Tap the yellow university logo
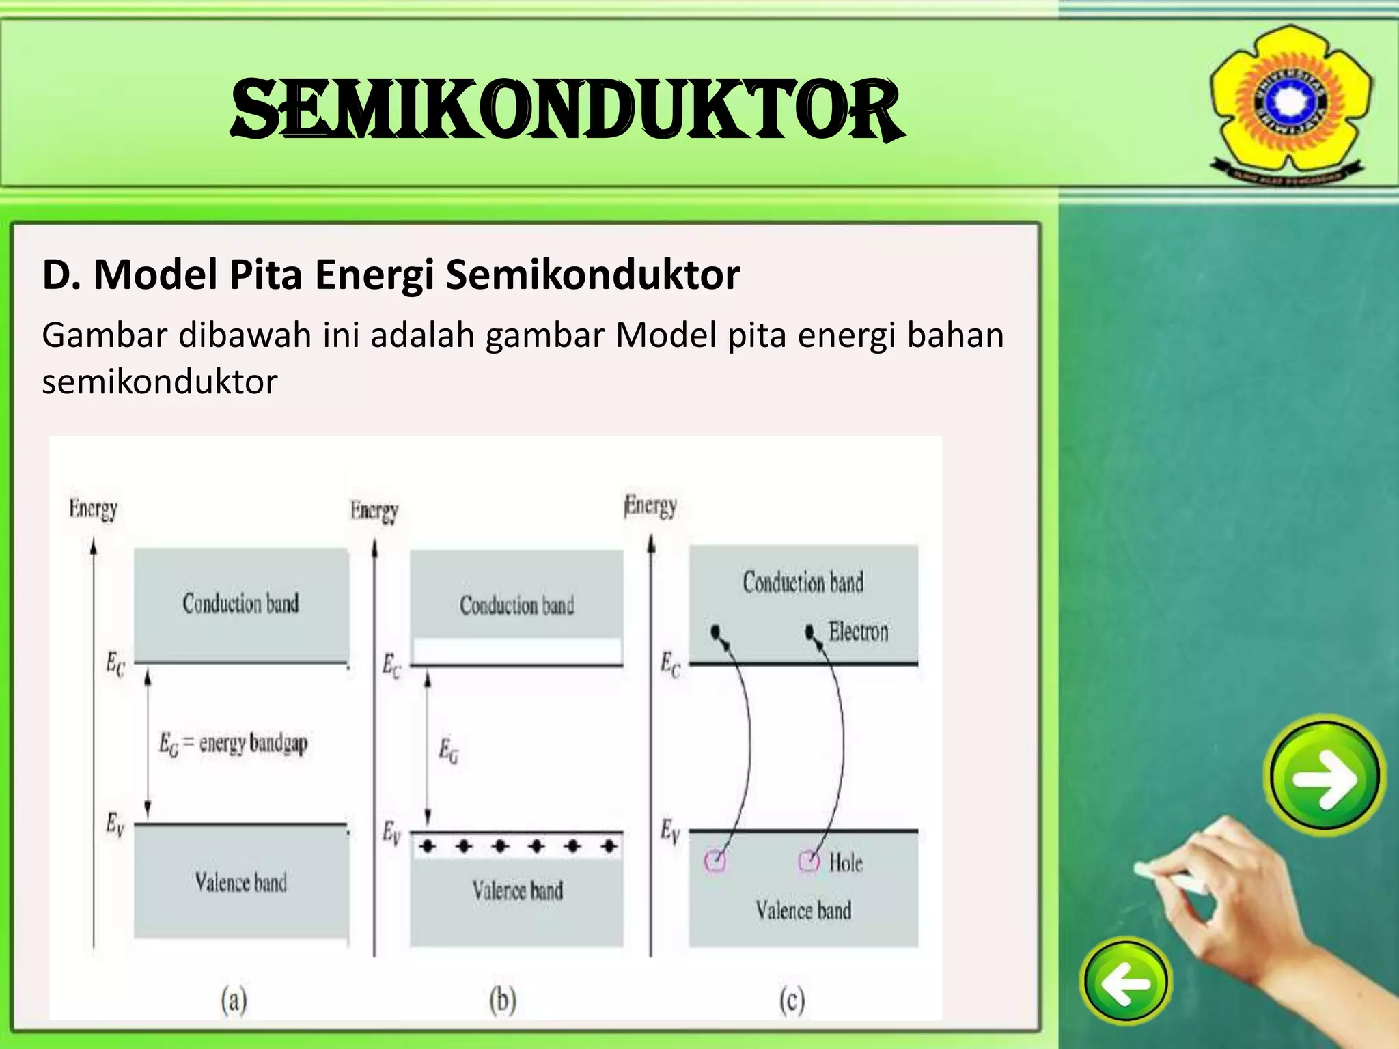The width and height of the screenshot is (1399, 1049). point(1290,102)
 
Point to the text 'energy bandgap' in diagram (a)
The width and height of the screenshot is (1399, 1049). point(253,743)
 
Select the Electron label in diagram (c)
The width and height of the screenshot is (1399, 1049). point(858,632)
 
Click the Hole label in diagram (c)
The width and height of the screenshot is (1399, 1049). point(846,863)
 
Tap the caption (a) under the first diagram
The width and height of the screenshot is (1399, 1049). point(234,1001)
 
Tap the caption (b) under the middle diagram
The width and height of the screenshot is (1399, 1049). point(503,1001)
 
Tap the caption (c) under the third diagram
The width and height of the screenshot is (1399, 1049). point(792,1001)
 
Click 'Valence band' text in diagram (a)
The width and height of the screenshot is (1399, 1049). point(240,882)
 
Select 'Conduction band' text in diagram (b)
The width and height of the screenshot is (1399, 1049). point(516,605)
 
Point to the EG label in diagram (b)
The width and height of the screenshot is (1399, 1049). point(449,751)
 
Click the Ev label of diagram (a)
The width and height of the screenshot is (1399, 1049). point(115,825)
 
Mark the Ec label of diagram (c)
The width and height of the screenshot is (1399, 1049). point(670,665)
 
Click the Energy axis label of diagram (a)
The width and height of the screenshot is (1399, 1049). point(94,509)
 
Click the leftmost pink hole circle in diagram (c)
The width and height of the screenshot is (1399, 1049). point(715,861)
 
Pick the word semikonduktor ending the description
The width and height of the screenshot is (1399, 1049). point(160,381)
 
